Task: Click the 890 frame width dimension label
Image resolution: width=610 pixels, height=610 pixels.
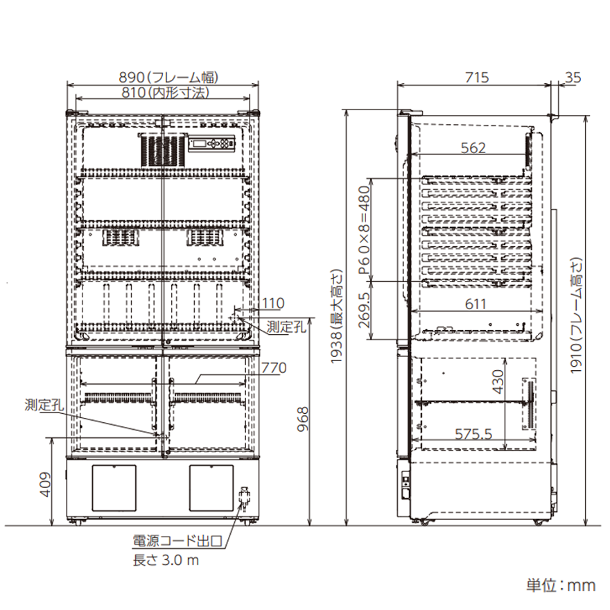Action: pos(168,78)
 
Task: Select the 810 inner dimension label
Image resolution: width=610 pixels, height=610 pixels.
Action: pos(166,93)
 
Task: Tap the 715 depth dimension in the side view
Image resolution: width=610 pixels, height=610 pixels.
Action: pos(477,78)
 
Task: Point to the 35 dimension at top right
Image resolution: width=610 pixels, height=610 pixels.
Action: pos(573,78)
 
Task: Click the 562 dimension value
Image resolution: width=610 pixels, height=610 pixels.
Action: pos(473,148)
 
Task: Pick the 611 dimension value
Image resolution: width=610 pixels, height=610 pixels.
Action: pos(476,304)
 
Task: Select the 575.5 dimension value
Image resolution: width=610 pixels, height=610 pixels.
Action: pos(473,434)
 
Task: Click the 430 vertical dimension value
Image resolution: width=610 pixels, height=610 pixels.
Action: pos(498,382)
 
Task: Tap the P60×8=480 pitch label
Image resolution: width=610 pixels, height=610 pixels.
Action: pos(364,230)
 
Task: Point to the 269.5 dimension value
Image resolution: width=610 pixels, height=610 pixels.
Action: pos(364,310)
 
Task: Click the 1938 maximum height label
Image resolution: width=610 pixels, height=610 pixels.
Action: pos(336,317)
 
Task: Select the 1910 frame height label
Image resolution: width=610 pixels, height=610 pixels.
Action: pos(576,315)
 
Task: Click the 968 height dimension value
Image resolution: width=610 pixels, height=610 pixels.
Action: pos(302,419)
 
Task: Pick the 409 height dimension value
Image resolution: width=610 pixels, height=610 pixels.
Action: pos(46,485)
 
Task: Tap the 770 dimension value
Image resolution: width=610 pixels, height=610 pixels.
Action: pos(274,367)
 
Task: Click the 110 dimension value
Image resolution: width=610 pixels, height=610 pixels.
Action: pos(273,303)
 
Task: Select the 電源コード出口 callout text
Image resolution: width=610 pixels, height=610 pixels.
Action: pos(177,541)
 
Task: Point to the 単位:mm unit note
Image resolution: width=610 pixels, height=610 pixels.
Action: pos(561,585)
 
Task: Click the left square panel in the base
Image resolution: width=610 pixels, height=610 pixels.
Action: pos(114,488)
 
